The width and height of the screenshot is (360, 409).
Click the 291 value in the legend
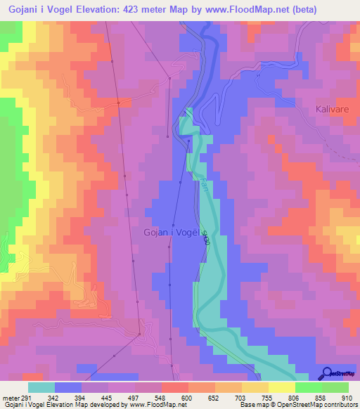click(32, 398)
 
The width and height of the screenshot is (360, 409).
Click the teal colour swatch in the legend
click(41, 387)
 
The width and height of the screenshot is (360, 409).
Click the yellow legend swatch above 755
click(255, 387)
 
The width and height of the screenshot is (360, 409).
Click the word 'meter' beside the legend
click(11, 398)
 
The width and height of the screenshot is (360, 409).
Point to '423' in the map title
click(124, 10)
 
